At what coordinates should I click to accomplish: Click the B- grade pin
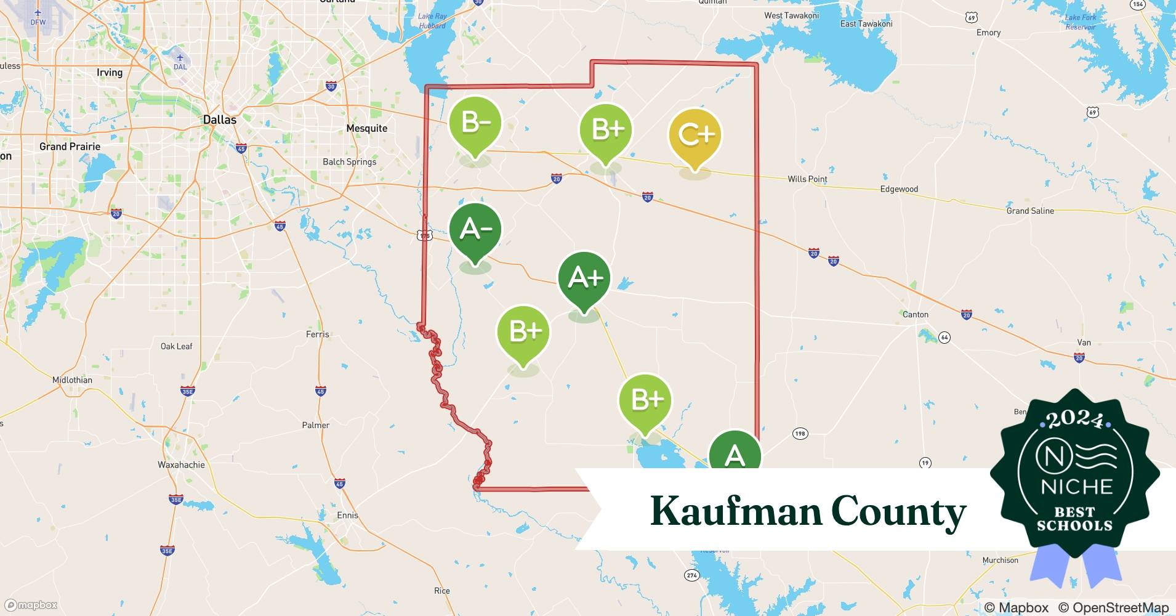pyautogui.click(x=475, y=124)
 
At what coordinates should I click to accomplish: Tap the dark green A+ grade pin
pyautogui.click(x=584, y=279)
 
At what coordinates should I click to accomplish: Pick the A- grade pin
pyautogui.click(x=475, y=230)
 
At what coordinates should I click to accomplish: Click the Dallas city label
pyautogui.click(x=220, y=120)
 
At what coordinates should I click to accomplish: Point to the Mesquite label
pyautogui.click(x=367, y=128)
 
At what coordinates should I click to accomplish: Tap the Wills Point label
pyautogui.click(x=807, y=179)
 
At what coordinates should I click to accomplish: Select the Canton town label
pyautogui.click(x=915, y=314)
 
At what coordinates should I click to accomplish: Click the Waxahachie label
pyautogui.click(x=181, y=464)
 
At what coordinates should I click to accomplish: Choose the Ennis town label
pyautogui.click(x=347, y=515)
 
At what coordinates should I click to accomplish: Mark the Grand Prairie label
pyautogui.click(x=70, y=147)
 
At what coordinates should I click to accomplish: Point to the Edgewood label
pyautogui.click(x=899, y=189)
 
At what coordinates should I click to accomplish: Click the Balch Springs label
pyautogui.click(x=349, y=161)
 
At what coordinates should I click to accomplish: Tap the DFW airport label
pyautogui.click(x=38, y=22)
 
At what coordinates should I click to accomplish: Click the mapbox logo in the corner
pyautogui.click(x=31, y=605)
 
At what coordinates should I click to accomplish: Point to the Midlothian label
pyautogui.click(x=72, y=379)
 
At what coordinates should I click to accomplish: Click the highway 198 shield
pyautogui.click(x=799, y=434)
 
